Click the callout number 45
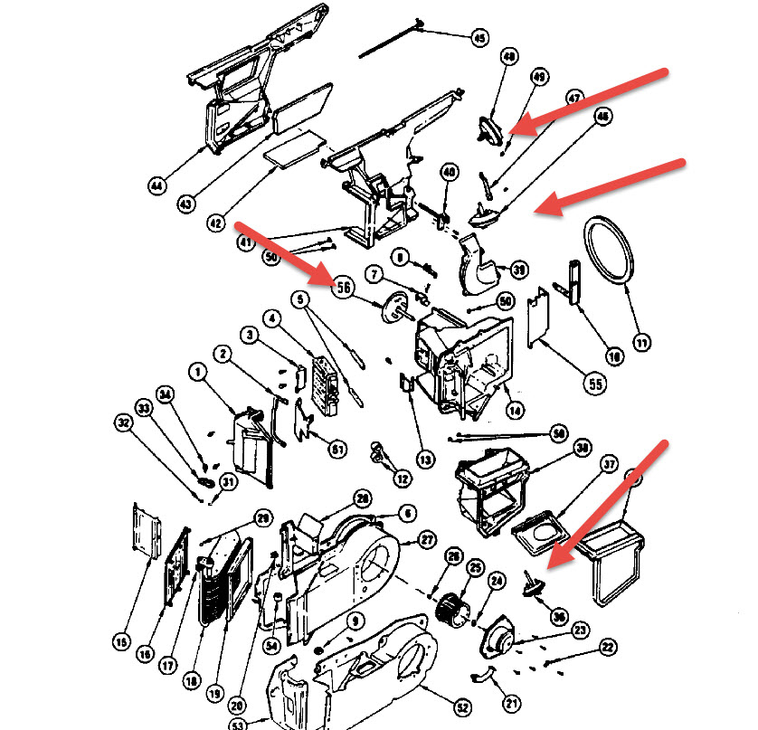click(479, 38)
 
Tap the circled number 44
click(158, 186)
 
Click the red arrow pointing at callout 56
click(280, 252)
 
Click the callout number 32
click(124, 422)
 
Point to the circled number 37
click(610, 465)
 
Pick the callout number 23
click(554, 630)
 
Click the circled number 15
click(122, 642)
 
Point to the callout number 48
click(509, 57)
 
